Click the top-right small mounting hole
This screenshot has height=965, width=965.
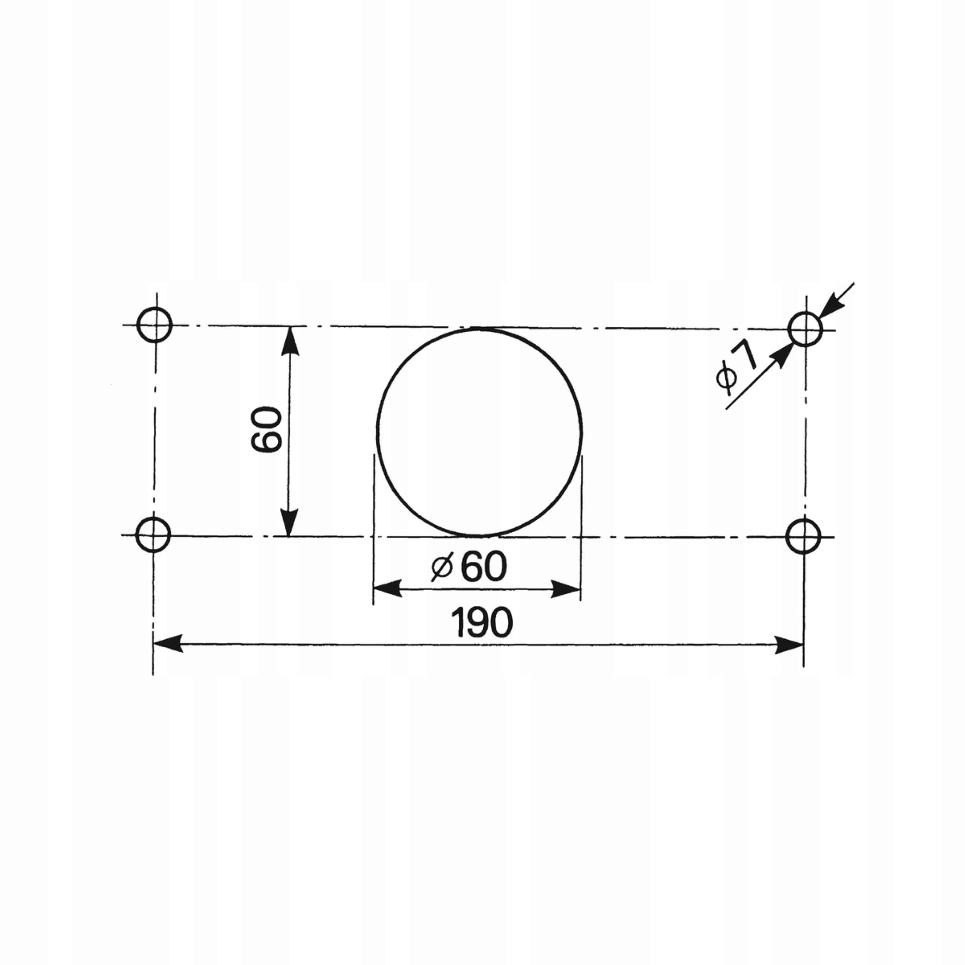coord(805,329)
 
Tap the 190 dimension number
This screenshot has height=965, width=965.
coord(481,623)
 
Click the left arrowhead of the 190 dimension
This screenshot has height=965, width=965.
coord(167,644)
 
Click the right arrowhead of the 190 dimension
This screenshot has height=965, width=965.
coord(789,645)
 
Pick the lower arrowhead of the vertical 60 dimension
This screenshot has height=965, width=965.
coord(289,522)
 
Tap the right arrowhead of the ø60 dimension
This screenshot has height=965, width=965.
coord(565,590)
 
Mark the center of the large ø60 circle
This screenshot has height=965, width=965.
coord(479,432)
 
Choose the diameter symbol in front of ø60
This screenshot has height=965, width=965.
coord(442,568)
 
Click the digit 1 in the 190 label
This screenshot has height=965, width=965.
coord(457,623)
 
